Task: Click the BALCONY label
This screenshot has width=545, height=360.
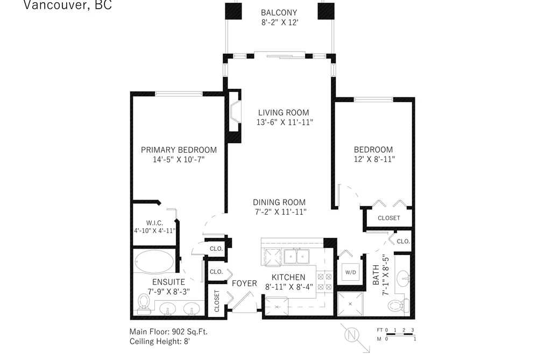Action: [x=279, y=12]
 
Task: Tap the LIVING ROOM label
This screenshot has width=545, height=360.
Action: [x=284, y=112]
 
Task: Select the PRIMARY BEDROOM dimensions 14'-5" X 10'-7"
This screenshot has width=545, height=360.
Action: [x=179, y=159]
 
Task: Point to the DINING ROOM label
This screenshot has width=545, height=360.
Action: [x=279, y=202]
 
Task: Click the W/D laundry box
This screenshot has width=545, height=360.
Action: [x=351, y=272]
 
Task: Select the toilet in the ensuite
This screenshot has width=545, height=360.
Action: [x=143, y=302]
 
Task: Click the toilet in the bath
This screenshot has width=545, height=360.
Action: [x=399, y=306]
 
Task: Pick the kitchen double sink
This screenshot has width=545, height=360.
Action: [x=296, y=257]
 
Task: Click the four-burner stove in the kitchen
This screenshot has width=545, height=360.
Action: [x=324, y=282]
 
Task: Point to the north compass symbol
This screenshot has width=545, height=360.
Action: [x=351, y=335]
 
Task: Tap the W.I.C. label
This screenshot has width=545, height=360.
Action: [x=154, y=223]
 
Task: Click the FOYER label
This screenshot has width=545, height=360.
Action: [x=244, y=284]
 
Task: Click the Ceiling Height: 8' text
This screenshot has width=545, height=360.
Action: [x=160, y=341]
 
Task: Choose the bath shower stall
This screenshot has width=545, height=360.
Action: [x=350, y=304]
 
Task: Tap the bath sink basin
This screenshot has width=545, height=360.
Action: [x=403, y=278]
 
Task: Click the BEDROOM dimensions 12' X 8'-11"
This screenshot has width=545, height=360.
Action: [x=374, y=159]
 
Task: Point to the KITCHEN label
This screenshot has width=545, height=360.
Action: [x=288, y=277]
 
